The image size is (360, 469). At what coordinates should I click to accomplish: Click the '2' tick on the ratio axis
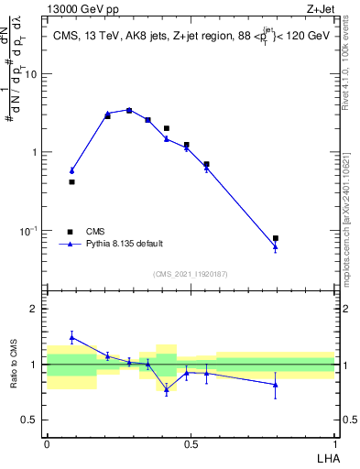click(36, 309)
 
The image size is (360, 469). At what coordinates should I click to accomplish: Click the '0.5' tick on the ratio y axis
click(31, 420)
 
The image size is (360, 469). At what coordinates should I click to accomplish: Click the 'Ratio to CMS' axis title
click(14, 365)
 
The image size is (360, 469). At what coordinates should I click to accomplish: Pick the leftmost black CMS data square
click(71, 182)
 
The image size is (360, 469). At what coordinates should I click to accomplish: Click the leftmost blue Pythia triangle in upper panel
click(71, 170)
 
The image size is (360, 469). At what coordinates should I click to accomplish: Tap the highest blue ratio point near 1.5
click(71, 337)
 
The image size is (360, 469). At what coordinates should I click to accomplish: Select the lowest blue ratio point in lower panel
click(167, 389)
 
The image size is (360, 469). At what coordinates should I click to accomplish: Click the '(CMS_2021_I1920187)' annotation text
click(190, 274)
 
